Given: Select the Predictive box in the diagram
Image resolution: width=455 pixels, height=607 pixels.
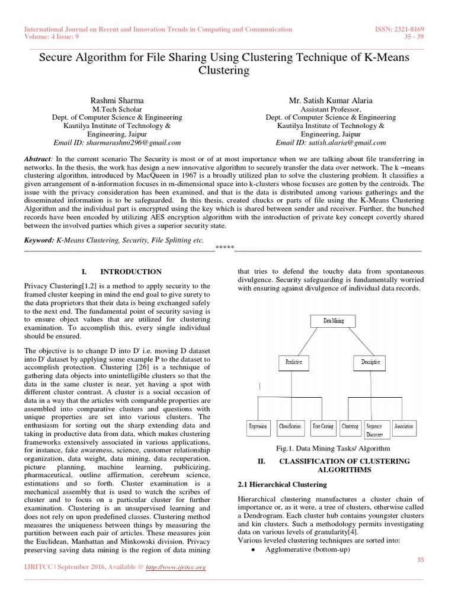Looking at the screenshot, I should pyautogui.click(x=294, y=361).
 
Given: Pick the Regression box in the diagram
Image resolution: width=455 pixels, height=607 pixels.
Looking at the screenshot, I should pyautogui.click(x=258, y=426).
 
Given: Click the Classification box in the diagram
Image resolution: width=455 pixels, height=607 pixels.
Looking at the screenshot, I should pyautogui.click(x=290, y=426).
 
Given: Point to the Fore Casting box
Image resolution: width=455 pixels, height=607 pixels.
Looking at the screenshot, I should pyautogui.click(x=323, y=426).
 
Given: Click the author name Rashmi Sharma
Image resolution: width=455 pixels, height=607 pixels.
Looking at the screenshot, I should pyautogui.click(x=117, y=101).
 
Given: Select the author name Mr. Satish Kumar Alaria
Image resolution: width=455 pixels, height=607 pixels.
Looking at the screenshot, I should pyautogui.click(x=331, y=101).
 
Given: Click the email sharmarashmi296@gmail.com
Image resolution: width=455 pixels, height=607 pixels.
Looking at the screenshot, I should pyautogui.click(x=117, y=143).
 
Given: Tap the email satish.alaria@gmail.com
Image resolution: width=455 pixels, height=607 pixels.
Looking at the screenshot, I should pyautogui.click(x=331, y=143).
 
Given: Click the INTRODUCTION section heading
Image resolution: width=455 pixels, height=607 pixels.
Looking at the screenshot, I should pyautogui.click(x=131, y=271).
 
